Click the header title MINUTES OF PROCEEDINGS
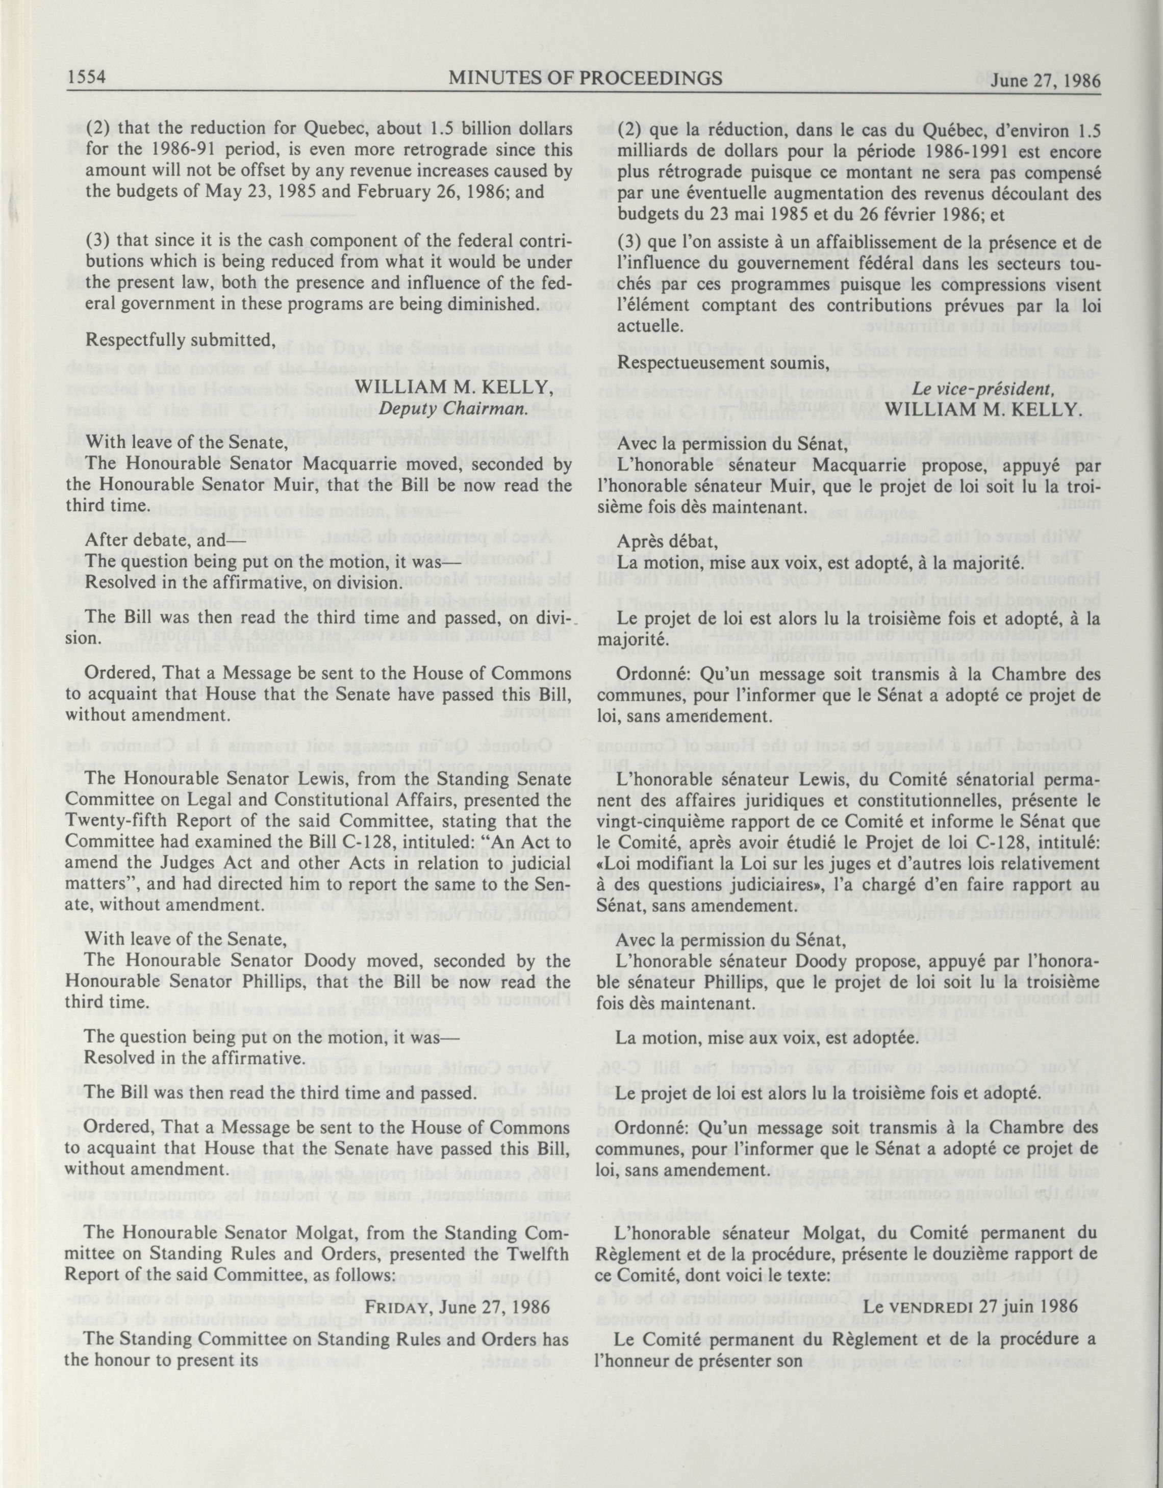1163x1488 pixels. click(586, 79)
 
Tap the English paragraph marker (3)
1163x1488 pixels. click(98, 241)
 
